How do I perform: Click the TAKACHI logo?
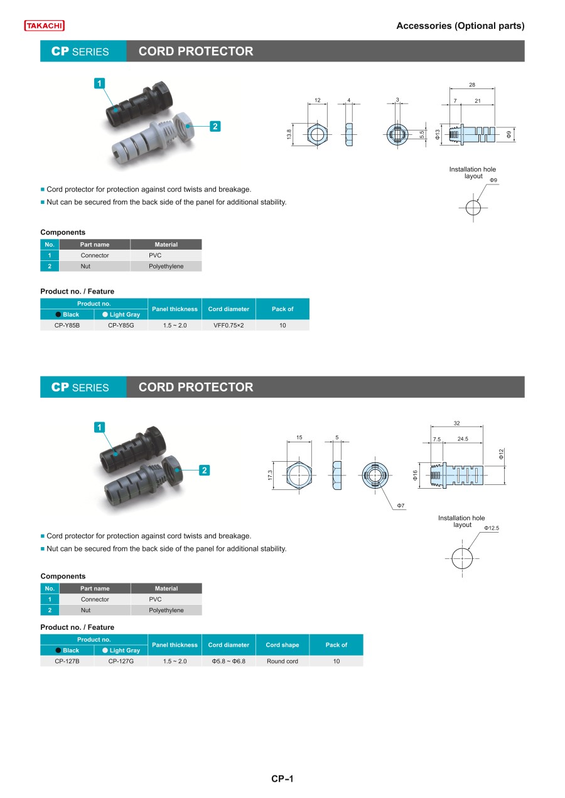click(x=45, y=26)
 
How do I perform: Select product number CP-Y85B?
click(x=67, y=326)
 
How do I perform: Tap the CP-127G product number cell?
click(x=121, y=661)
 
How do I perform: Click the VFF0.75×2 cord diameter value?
click(x=229, y=326)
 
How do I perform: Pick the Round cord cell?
click(x=282, y=661)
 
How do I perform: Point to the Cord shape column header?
click(x=282, y=645)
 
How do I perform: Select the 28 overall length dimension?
click(x=471, y=85)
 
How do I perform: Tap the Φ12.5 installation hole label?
click(x=492, y=528)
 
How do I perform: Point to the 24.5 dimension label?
click(x=463, y=439)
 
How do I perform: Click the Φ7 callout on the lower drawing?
click(x=401, y=505)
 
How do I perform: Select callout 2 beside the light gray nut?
click(x=215, y=127)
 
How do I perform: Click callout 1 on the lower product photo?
click(x=99, y=427)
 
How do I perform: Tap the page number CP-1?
click(x=282, y=779)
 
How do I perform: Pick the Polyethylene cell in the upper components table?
click(x=166, y=266)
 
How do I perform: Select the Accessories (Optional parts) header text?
click(x=460, y=26)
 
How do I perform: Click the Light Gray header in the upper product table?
click(x=121, y=315)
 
